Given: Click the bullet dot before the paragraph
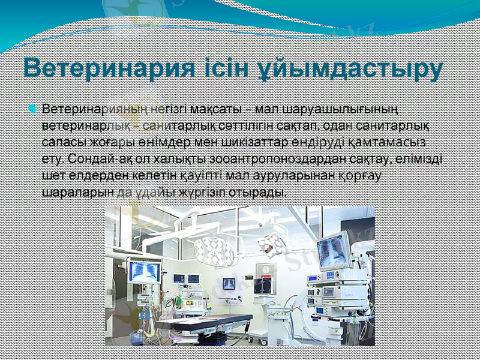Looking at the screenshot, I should tap(34, 109).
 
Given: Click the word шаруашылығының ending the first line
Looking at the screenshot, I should tap(354, 110).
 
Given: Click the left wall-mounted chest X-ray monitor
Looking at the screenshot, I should tap(145, 272).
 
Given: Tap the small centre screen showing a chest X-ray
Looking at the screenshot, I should tap(229, 283).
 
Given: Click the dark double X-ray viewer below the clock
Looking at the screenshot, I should tap(262, 285).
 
